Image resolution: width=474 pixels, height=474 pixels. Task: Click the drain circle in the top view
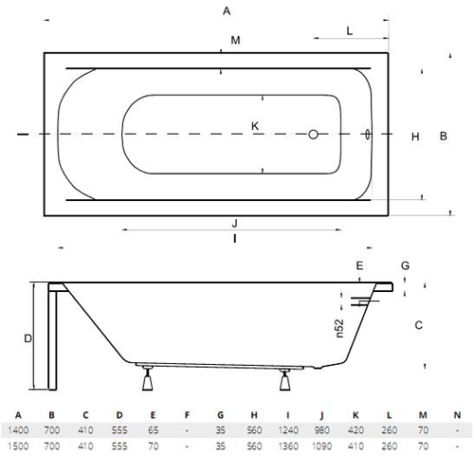313,135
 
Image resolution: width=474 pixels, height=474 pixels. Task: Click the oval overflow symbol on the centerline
367,134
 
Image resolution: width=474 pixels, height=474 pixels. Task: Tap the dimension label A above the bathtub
227,11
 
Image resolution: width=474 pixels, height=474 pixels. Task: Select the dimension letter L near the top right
350,31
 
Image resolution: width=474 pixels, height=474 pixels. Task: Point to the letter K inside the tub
255,126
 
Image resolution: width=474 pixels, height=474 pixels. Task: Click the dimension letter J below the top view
234,224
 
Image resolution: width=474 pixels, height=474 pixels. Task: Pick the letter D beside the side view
27,338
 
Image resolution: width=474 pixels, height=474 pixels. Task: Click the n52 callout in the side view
339,329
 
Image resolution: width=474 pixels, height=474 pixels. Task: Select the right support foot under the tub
284,379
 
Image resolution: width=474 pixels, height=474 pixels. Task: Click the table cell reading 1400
18,430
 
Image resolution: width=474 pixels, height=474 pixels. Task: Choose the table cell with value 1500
18,446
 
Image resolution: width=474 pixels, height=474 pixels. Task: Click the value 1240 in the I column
288,430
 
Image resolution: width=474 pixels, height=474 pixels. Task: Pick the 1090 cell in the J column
321,446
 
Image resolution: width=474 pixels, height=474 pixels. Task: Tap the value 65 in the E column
153,430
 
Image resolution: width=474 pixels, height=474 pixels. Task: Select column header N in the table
457,415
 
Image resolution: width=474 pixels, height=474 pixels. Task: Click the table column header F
187,415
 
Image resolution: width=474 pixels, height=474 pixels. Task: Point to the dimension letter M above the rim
235,40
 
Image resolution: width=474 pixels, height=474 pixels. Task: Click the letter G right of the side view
405,265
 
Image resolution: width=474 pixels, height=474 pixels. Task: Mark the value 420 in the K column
355,430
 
